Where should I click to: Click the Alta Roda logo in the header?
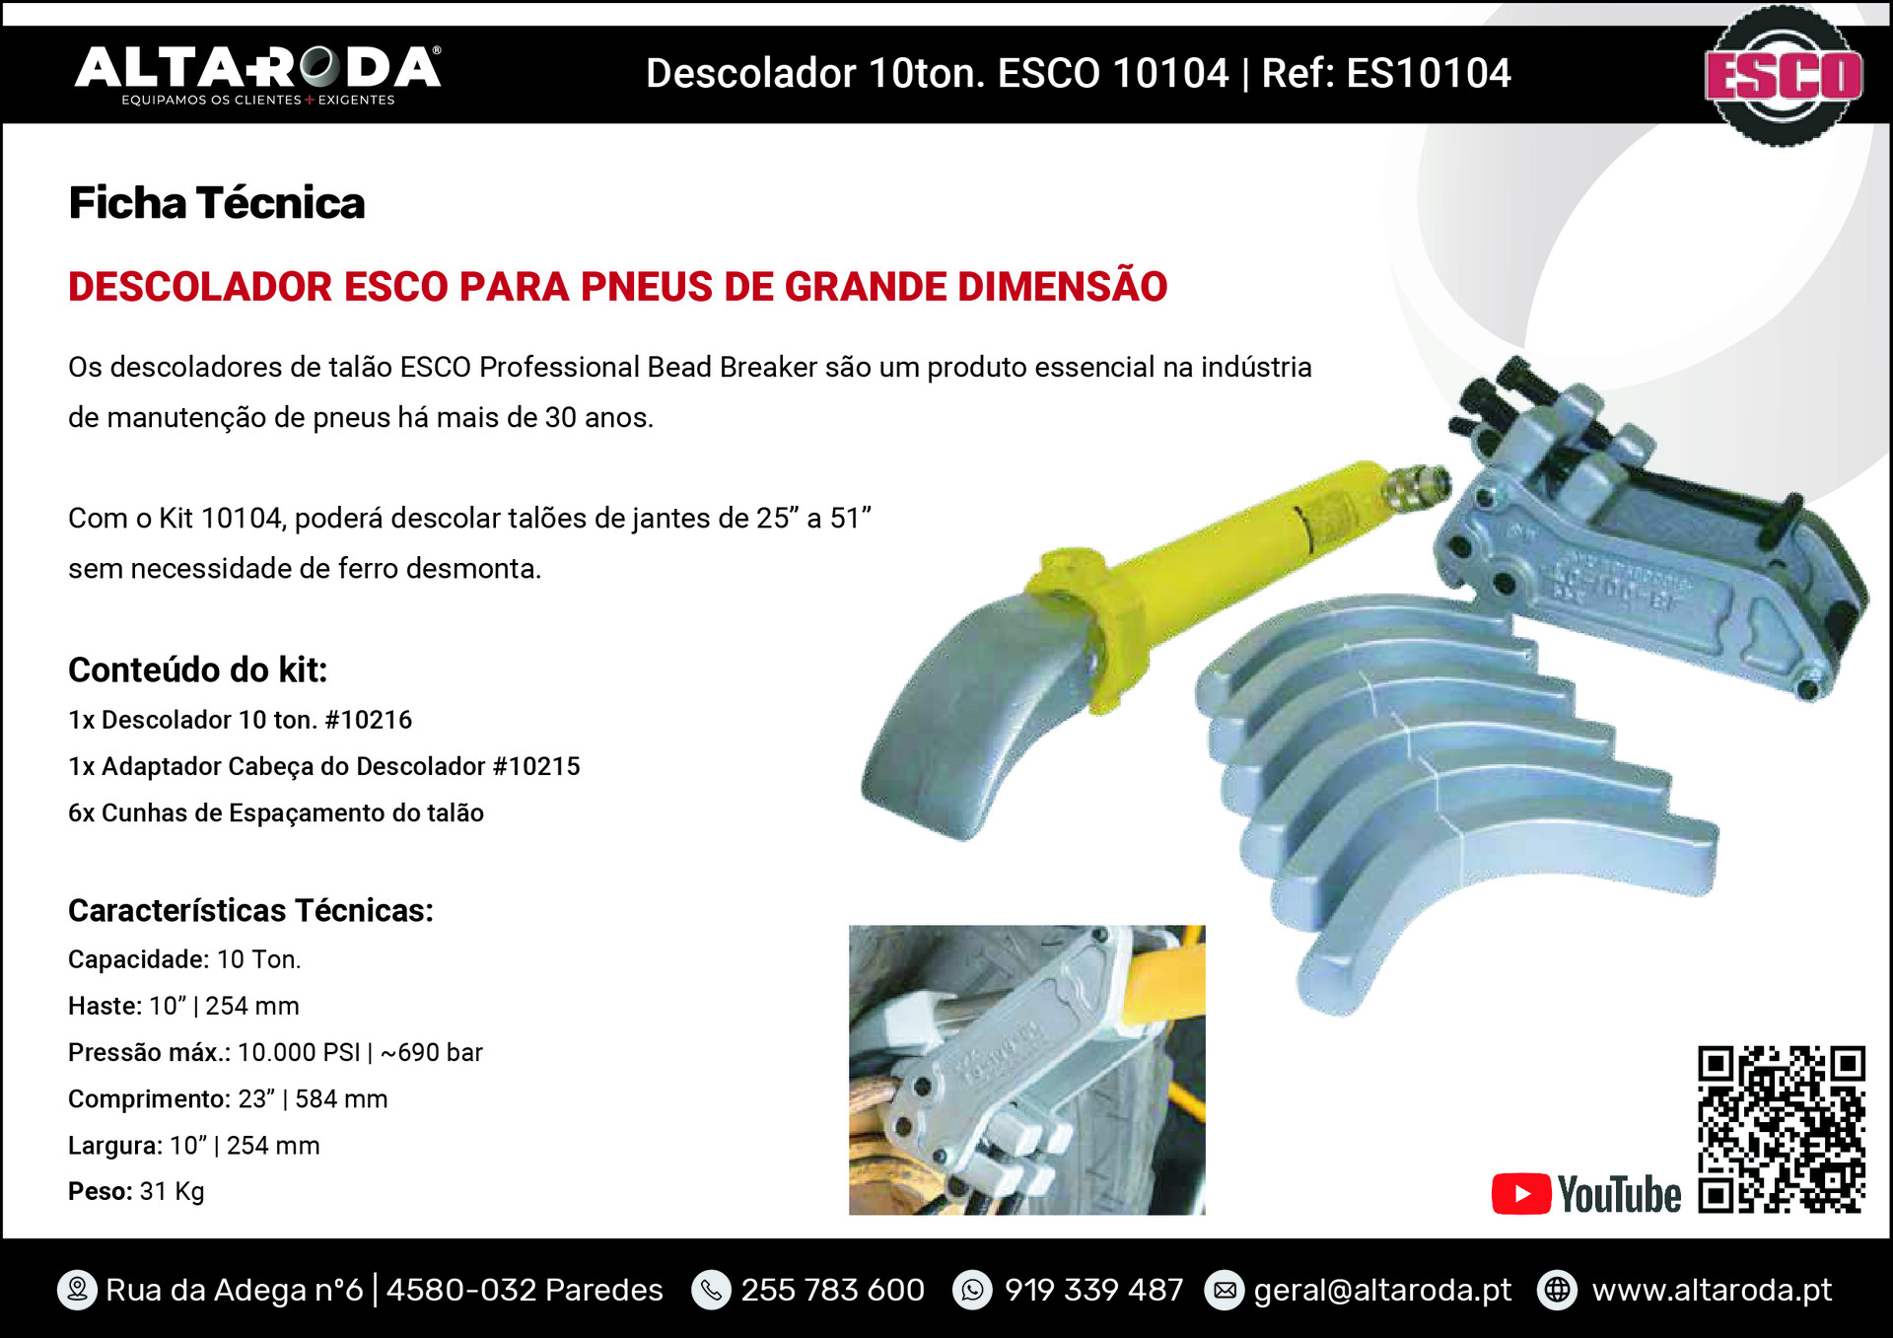coord(258,75)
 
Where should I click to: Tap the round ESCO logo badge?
coord(1783,75)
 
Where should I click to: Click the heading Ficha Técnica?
coord(217,203)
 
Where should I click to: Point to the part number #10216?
coord(368,720)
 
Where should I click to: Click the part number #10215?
coord(536,766)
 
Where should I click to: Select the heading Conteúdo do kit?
coord(197,670)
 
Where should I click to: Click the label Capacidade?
coord(138,959)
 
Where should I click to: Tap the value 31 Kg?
coord(172,1192)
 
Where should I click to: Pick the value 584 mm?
coord(341,1099)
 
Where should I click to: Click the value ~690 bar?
coord(432,1053)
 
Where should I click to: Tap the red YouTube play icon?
coord(1521,1194)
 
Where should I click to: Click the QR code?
coord(1782,1130)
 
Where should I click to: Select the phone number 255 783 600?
coord(832,1290)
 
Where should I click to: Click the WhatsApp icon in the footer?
coord(972,1290)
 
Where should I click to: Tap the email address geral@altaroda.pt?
coord(1382,1291)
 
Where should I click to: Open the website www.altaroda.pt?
coord(1712,1291)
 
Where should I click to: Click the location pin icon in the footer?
coord(77,1290)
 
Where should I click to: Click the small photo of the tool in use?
coord(1026,1070)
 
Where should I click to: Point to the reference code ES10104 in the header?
coord(1429,74)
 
